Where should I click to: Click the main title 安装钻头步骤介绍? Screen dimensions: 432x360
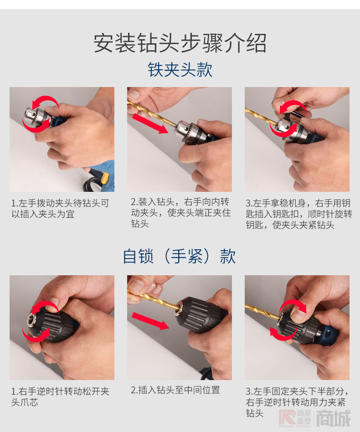point(180,43)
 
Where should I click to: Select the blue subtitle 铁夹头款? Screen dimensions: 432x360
point(180,70)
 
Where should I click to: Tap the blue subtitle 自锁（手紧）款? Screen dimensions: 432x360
point(180,256)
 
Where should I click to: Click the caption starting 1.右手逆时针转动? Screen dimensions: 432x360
point(60,397)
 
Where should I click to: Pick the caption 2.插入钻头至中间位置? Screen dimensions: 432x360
point(175,390)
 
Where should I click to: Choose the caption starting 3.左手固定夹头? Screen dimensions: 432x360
point(297,402)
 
